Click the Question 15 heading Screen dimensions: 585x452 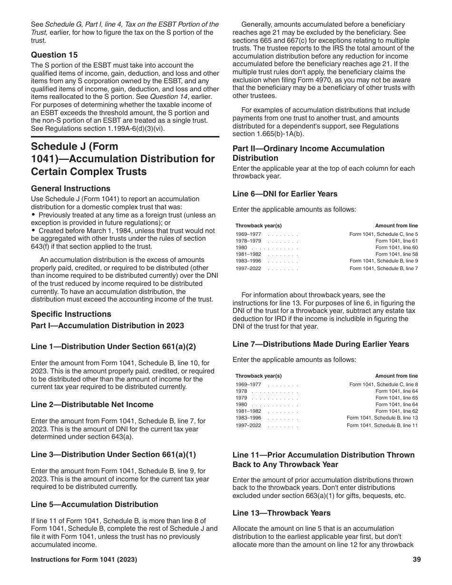(x=54, y=55)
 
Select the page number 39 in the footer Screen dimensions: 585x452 (x=417, y=560)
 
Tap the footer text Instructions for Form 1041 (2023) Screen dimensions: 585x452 (x=84, y=560)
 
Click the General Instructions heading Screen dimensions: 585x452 (x=70, y=188)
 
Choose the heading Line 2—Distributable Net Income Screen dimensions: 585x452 (x=92, y=404)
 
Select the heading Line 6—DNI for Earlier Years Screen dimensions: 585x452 (x=285, y=194)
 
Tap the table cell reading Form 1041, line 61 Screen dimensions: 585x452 (x=396, y=241)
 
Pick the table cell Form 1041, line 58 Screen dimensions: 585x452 (x=396, y=254)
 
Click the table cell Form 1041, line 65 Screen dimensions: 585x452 (x=396, y=398)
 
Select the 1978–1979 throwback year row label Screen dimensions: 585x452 (x=248, y=241)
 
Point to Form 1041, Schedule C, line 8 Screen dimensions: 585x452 (x=383, y=384)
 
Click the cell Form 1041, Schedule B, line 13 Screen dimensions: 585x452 (x=382, y=418)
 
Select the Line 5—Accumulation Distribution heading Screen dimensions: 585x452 (x=95, y=504)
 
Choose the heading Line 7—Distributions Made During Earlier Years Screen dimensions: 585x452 (x=321, y=344)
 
